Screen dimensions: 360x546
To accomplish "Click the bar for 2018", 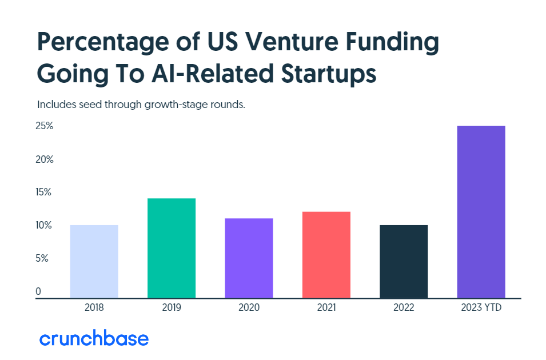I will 94,261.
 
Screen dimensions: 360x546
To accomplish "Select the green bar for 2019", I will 172,248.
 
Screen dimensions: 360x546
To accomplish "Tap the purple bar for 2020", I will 249,258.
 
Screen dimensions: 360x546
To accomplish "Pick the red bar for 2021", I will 326,255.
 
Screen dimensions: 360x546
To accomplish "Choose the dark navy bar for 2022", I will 404,261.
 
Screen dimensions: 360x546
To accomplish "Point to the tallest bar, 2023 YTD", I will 481,211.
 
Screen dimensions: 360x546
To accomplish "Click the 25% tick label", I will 45,126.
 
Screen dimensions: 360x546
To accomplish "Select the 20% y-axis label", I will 45,159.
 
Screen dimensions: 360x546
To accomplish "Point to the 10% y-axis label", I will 44,226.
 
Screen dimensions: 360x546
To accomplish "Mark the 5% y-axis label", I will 43,259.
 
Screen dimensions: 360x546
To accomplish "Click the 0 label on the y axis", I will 38,292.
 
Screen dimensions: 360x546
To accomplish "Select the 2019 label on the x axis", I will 172,308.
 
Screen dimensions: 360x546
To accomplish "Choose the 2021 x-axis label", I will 326,308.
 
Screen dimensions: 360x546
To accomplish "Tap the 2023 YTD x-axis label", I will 481,308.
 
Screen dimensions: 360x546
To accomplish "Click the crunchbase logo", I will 94,338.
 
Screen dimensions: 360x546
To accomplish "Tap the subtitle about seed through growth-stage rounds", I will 141,105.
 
